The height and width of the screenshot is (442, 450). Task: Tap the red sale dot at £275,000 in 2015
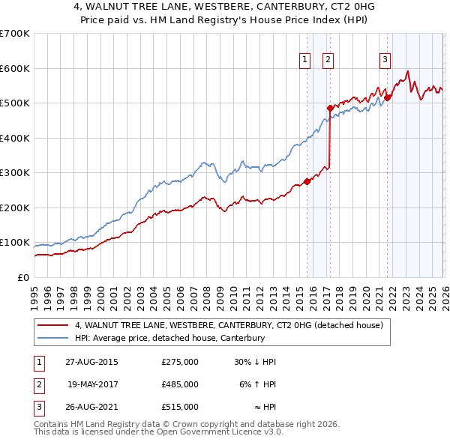click(x=307, y=181)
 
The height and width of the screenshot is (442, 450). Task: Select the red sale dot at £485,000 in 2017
click(x=329, y=109)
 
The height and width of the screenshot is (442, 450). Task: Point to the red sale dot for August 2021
click(x=388, y=97)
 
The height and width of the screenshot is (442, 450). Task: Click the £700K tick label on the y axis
click(x=15, y=34)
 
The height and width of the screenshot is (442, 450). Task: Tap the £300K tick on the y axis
click(x=15, y=173)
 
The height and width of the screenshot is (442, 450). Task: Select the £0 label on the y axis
click(x=22, y=277)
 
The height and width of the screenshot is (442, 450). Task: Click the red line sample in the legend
click(x=52, y=326)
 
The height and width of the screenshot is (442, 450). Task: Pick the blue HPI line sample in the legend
click(x=52, y=339)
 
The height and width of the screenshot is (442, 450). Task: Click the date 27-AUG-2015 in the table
click(x=91, y=362)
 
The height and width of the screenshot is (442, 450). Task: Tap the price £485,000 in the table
click(x=180, y=384)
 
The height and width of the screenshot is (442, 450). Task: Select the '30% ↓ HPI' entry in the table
click(x=255, y=362)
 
